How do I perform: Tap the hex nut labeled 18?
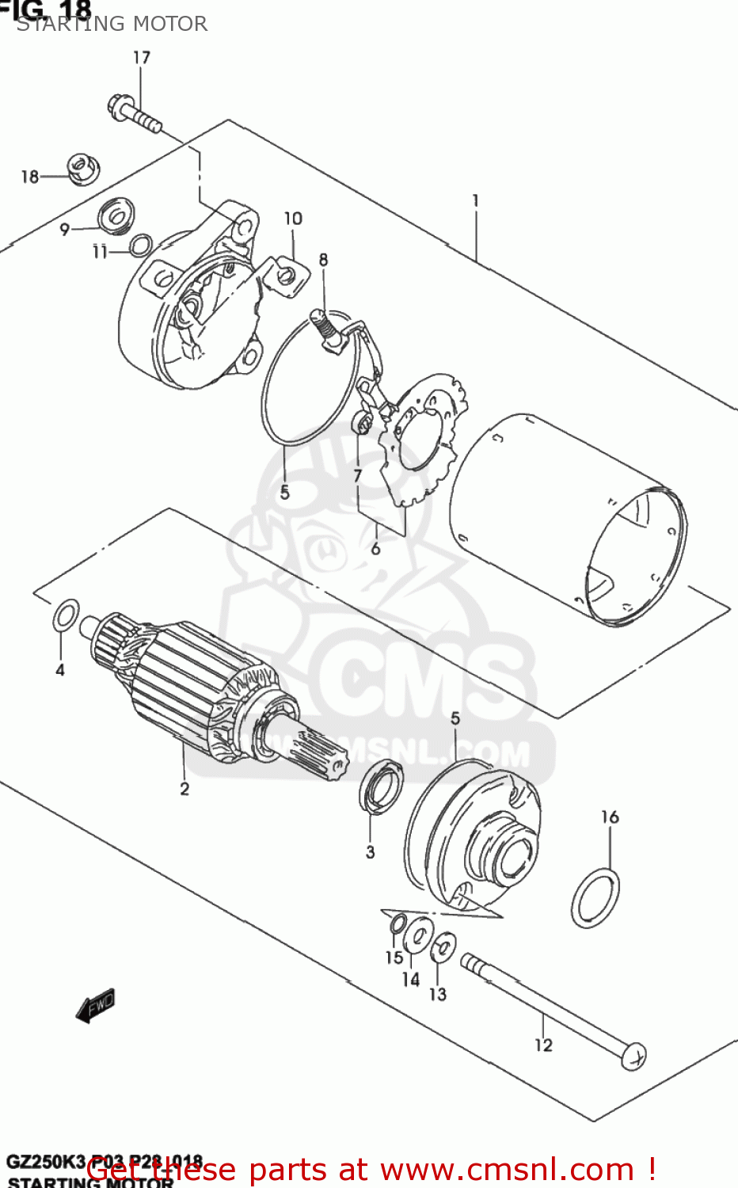82,168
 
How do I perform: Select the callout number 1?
475,201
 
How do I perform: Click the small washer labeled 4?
66,615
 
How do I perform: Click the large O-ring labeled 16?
595,897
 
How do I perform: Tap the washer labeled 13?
443,946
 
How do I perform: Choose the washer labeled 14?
417,938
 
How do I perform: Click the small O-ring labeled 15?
398,923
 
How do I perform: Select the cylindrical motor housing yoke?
566,519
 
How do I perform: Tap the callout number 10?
293,219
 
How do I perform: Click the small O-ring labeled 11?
141,246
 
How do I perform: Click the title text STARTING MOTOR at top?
112,24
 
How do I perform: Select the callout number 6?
375,548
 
